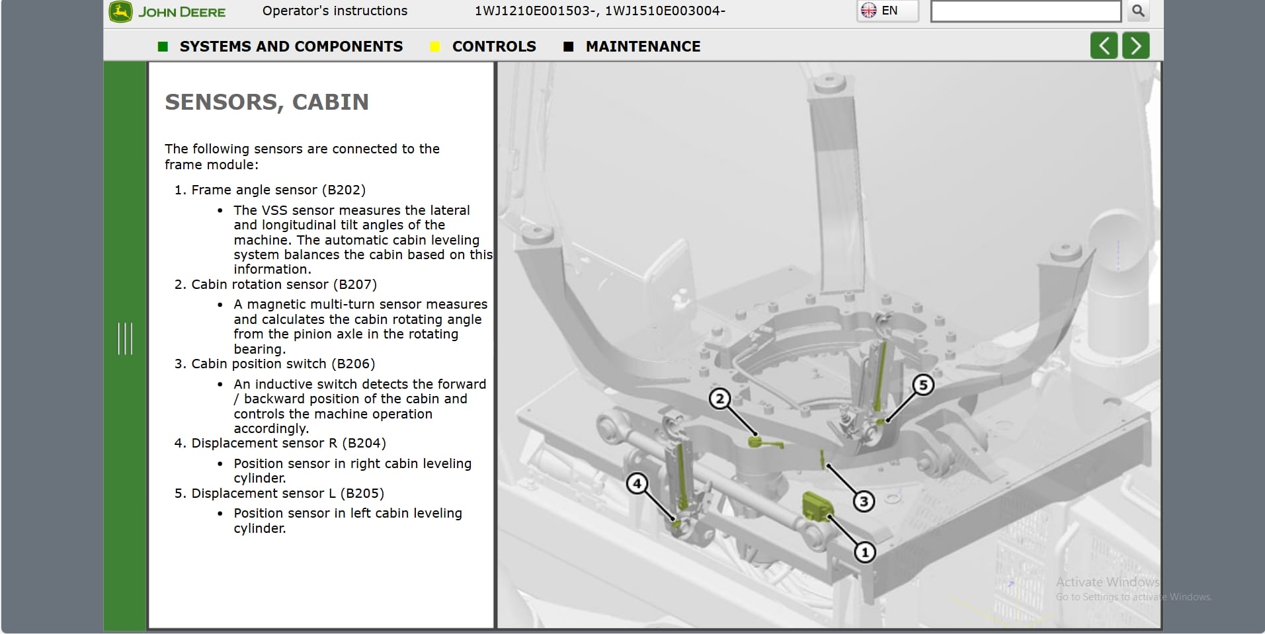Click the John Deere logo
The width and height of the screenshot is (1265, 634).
tap(168, 12)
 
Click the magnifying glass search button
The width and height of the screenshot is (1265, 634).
tap(1138, 11)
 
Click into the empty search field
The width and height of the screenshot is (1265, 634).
tap(1025, 11)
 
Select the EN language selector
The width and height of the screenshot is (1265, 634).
tap(887, 11)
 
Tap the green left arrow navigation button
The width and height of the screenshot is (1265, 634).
tap(1104, 46)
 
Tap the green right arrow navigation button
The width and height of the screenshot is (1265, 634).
tap(1135, 46)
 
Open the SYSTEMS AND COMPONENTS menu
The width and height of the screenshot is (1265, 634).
tap(290, 46)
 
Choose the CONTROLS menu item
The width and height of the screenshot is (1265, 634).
tap(493, 46)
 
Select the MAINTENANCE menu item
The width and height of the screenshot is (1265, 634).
tap(642, 46)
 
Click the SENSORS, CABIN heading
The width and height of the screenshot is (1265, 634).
tap(266, 102)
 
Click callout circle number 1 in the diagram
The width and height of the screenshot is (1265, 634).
tap(864, 552)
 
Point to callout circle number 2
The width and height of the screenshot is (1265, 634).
tap(719, 399)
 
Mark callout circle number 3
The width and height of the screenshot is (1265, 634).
tap(863, 502)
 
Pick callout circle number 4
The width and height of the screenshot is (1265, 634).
tap(637, 483)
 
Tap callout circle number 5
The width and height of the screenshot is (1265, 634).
tap(923, 385)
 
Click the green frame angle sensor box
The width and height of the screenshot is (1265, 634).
tap(816, 506)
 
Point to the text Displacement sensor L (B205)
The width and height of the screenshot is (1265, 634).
tap(287, 493)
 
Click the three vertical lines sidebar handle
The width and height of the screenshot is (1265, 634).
tap(125, 338)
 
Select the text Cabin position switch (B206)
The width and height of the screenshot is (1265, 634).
tap(282, 364)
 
